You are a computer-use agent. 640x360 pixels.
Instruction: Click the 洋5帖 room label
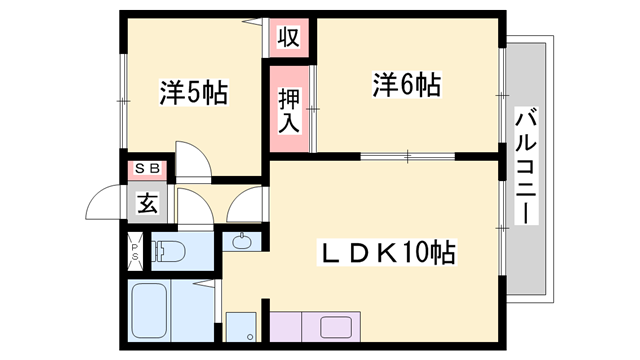[x=193, y=93]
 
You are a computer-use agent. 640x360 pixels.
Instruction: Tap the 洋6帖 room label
[x=407, y=83]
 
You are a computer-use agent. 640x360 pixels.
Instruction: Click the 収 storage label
[x=288, y=38]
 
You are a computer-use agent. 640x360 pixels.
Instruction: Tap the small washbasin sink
[x=243, y=241]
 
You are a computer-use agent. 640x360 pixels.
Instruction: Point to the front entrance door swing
[x=106, y=204]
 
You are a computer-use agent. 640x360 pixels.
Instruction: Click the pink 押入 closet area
[x=288, y=108]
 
